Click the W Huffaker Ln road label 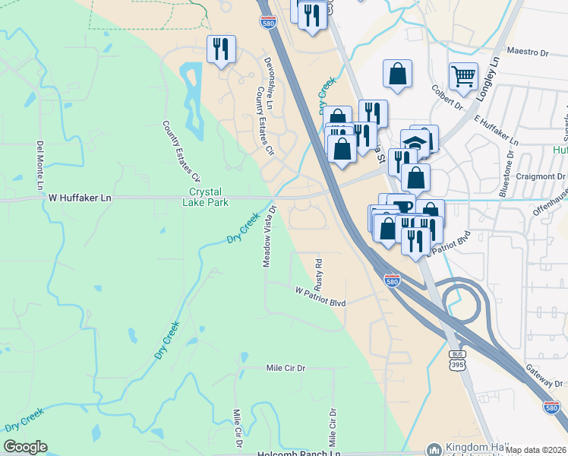[x=80, y=198]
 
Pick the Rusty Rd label [x=320, y=274]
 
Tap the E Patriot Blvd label [x=448, y=243]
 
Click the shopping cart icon [x=463, y=75]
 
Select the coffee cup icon [x=400, y=207]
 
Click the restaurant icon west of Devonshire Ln [x=221, y=49]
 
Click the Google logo [x=26, y=447]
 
